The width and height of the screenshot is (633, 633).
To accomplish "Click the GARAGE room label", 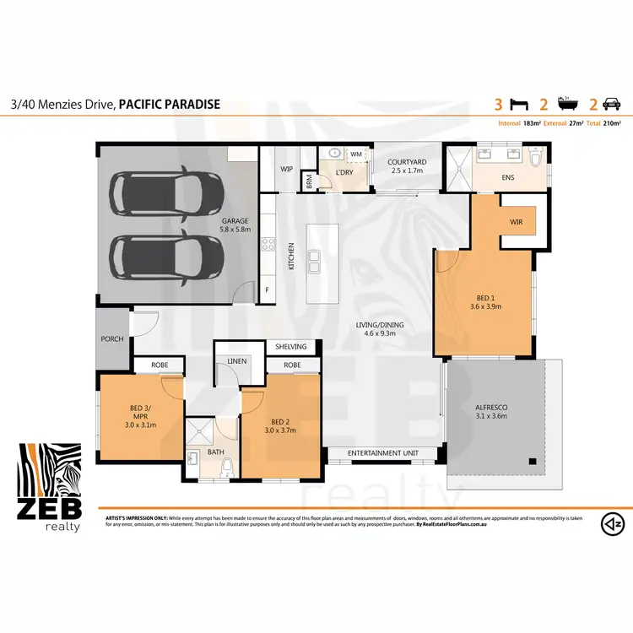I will tap(234, 220).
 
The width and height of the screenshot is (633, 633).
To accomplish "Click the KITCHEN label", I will tap(292, 257).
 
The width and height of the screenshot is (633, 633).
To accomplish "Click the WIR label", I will tap(517, 222).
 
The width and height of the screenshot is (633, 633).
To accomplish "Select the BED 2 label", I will tap(281, 425).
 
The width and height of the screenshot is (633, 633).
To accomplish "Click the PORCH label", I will tap(111, 338).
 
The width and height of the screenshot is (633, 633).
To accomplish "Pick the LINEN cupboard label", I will tap(235, 361).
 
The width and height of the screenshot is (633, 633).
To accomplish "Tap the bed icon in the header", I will tap(521, 105).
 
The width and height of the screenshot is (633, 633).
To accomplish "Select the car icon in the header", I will tap(611, 105).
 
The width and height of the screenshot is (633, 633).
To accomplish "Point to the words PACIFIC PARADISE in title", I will tap(169, 105).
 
